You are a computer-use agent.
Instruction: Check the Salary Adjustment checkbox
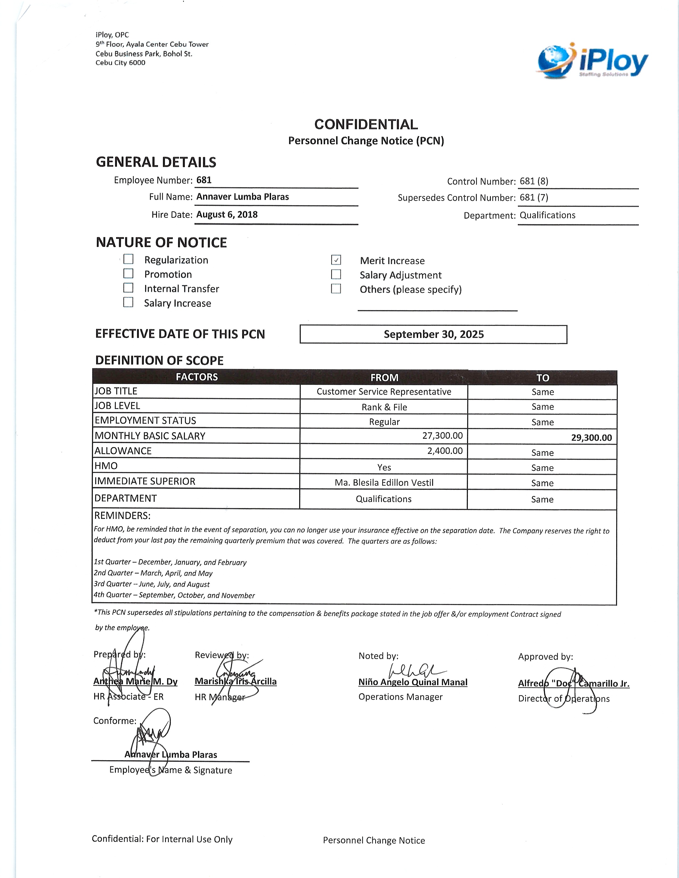pos(336,275)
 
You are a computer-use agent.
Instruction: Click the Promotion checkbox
pos(128,273)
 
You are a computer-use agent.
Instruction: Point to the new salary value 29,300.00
pos(591,438)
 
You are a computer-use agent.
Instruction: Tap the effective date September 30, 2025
pos(433,334)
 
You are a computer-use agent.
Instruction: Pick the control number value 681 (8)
pos(534,181)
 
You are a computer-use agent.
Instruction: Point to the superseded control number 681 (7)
pos(534,197)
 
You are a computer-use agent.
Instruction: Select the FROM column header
pos(384,378)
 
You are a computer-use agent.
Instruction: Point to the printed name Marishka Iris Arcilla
pos(236,681)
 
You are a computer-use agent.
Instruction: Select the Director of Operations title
pos(563,699)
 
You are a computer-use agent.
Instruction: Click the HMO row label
pos(106,466)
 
